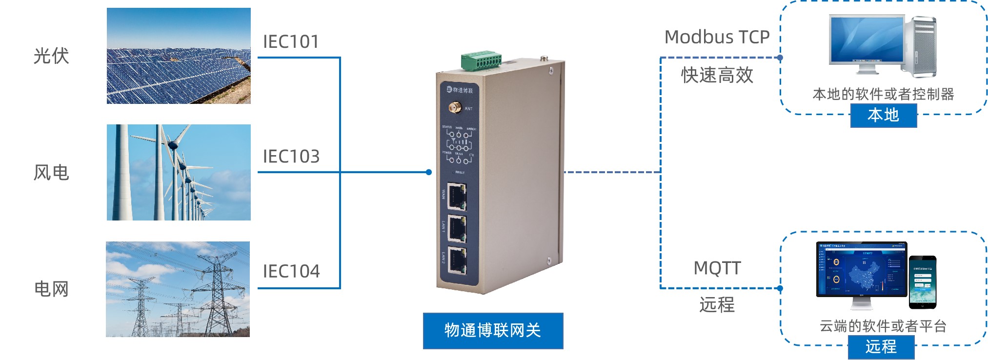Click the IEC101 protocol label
pyautogui.click(x=291, y=42)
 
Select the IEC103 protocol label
pyautogui.click(x=291, y=157)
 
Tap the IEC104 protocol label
pyautogui.click(x=291, y=271)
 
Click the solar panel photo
pyautogui.click(x=179, y=56)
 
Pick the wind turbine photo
pyautogui.click(x=179, y=172)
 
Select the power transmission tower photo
pyautogui.click(x=178, y=289)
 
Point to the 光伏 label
pyautogui.click(x=51, y=56)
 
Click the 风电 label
pyautogui.click(x=51, y=173)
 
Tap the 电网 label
pyautogui.click(x=51, y=289)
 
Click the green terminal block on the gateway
pyautogui.click(x=481, y=60)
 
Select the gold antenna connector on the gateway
pyautogui.click(x=455, y=107)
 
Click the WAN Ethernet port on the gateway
pyautogui.click(x=457, y=196)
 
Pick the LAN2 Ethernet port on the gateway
pyautogui.click(x=457, y=260)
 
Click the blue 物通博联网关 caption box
pyautogui.click(x=493, y=331)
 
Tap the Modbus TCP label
pyautogui.click(x=717, y=37)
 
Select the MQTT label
pyautogui.click(x=717, y=268)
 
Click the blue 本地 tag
pyautogui.click(x=883, y=116)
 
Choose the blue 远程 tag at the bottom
pyautogui.click(x=881, y=347)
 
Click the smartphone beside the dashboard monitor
pyautogui.click(x=922, y=282)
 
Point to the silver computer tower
pyautogui.click(x=921, y=46)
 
